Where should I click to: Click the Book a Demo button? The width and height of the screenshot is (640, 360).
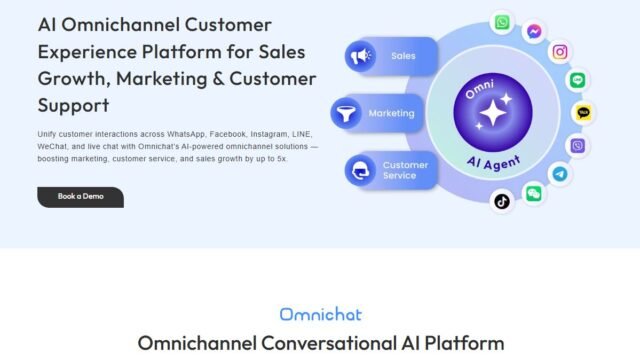(x=80, y=196)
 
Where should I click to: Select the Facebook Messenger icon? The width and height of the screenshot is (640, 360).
(x=535, y=30)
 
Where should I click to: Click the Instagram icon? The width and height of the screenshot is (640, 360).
(x=561, y=52)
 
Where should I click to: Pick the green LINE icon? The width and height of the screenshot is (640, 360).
(x=578, y=81)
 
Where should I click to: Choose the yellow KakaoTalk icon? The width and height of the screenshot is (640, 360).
(x=584, y=113)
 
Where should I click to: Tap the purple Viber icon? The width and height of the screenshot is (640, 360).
(x=578, y=146)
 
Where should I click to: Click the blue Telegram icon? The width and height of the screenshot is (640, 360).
(x=561, y=173)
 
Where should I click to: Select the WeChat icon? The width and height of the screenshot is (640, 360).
(x=534, y=193)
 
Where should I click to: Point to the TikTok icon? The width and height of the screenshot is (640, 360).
(x=502, y=201)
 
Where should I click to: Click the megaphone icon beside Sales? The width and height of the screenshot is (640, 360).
(x=360, y=57)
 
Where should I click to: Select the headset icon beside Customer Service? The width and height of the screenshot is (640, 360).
(x=360, y=171)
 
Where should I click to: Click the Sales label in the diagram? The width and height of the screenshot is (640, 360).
(x=403, y=56)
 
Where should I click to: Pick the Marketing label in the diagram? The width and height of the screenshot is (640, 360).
(x=391, y=113)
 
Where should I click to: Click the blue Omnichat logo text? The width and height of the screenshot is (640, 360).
(x=320, y=315)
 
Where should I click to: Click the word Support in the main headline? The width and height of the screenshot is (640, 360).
(x=73, y=104)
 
